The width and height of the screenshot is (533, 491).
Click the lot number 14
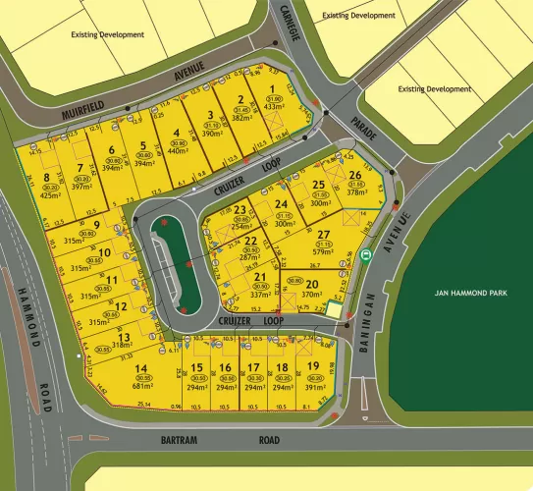coord(142,368)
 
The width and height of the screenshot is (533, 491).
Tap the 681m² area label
coord(142,387)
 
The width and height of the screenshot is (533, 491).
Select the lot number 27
coord(323,234)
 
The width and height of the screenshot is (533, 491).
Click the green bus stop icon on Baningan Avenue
coord(366,256)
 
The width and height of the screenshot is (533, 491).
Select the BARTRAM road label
coord(181,442)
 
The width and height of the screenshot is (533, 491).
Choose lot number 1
coord(272,90)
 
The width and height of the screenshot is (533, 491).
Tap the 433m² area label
coord(272,108)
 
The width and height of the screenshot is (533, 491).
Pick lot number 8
coord(46,178)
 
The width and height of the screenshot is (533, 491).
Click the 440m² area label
coord(177,152)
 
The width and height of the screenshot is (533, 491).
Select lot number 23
coord(240,210)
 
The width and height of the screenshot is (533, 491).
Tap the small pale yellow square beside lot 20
coord(334,310)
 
